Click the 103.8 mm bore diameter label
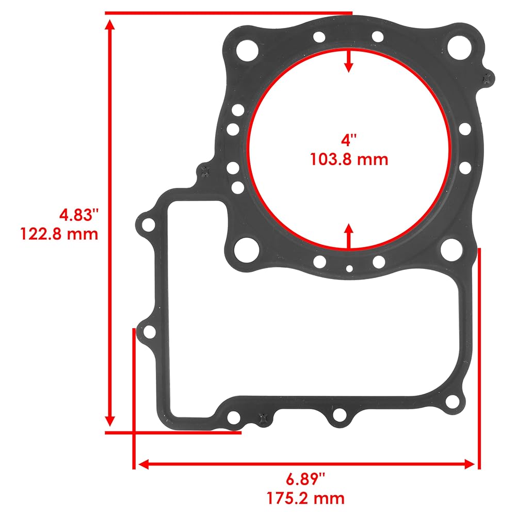(x=349, y=159)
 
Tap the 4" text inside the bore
(x=349, y=140)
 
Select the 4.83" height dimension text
(x=79, y=215)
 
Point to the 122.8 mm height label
(x=59, y=234)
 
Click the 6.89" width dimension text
(x=305, y=479)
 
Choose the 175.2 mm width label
(x=305, y=498)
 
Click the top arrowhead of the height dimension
(x=110, y=25)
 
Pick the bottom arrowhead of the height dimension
(x=110, y=421)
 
